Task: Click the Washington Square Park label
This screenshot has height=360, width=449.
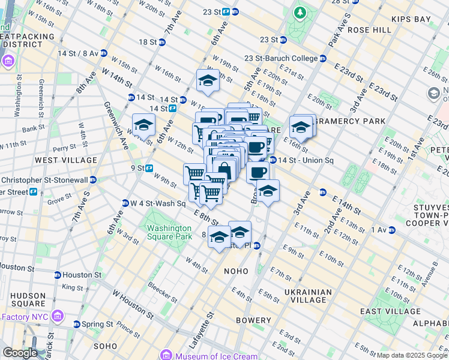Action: [169, 232]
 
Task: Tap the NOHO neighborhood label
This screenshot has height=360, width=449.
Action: [236, 271]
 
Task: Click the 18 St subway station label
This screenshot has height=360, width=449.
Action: [147, 42]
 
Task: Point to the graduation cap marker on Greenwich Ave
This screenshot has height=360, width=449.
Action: [144, 125]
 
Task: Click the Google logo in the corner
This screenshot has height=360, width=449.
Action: [20, 353]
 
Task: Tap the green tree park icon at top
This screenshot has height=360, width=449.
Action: [299, 12]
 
